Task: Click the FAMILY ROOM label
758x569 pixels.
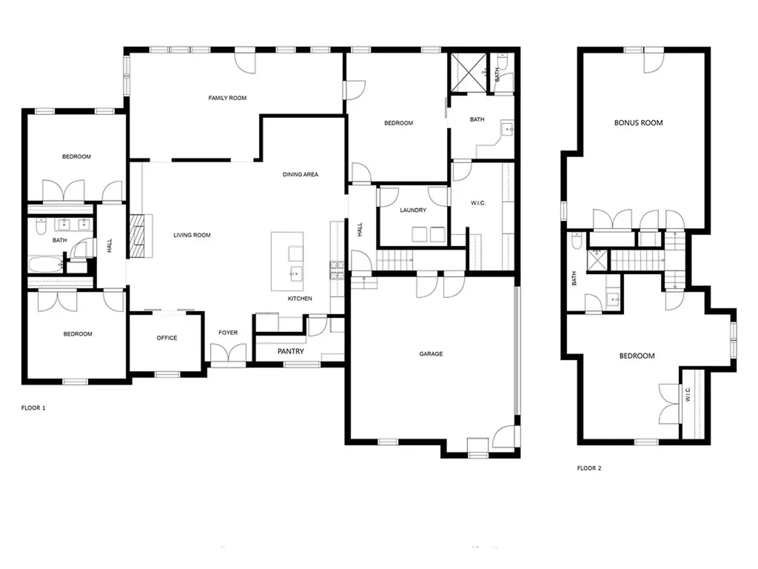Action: (227, 98)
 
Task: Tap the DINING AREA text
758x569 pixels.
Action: (301, 175)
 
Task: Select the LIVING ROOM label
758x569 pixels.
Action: (192, 236)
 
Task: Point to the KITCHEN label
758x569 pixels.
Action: (300, 299)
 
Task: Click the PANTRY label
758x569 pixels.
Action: (291, 351)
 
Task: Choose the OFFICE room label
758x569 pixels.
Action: (167, 339)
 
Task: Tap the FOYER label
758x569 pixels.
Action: (228, 333)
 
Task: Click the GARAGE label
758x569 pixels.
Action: (431, 354)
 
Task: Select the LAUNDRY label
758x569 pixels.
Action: (413, 210)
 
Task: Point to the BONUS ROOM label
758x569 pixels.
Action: (638, 123)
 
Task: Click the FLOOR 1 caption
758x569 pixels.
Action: (33, 408)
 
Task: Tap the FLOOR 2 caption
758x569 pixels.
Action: (589, 468)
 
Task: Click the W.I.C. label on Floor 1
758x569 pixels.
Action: (478, 203)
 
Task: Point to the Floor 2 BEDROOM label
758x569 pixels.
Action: (637, 356)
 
